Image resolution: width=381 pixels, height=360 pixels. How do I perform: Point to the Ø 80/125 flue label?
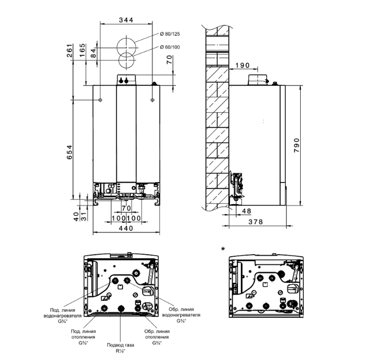(170, 34)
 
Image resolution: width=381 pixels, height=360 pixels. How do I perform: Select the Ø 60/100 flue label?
(170, 48)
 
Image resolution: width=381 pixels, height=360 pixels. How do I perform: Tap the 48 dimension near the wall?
(246, 211)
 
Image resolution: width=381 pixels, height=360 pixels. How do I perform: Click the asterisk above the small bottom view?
(222, 249)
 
